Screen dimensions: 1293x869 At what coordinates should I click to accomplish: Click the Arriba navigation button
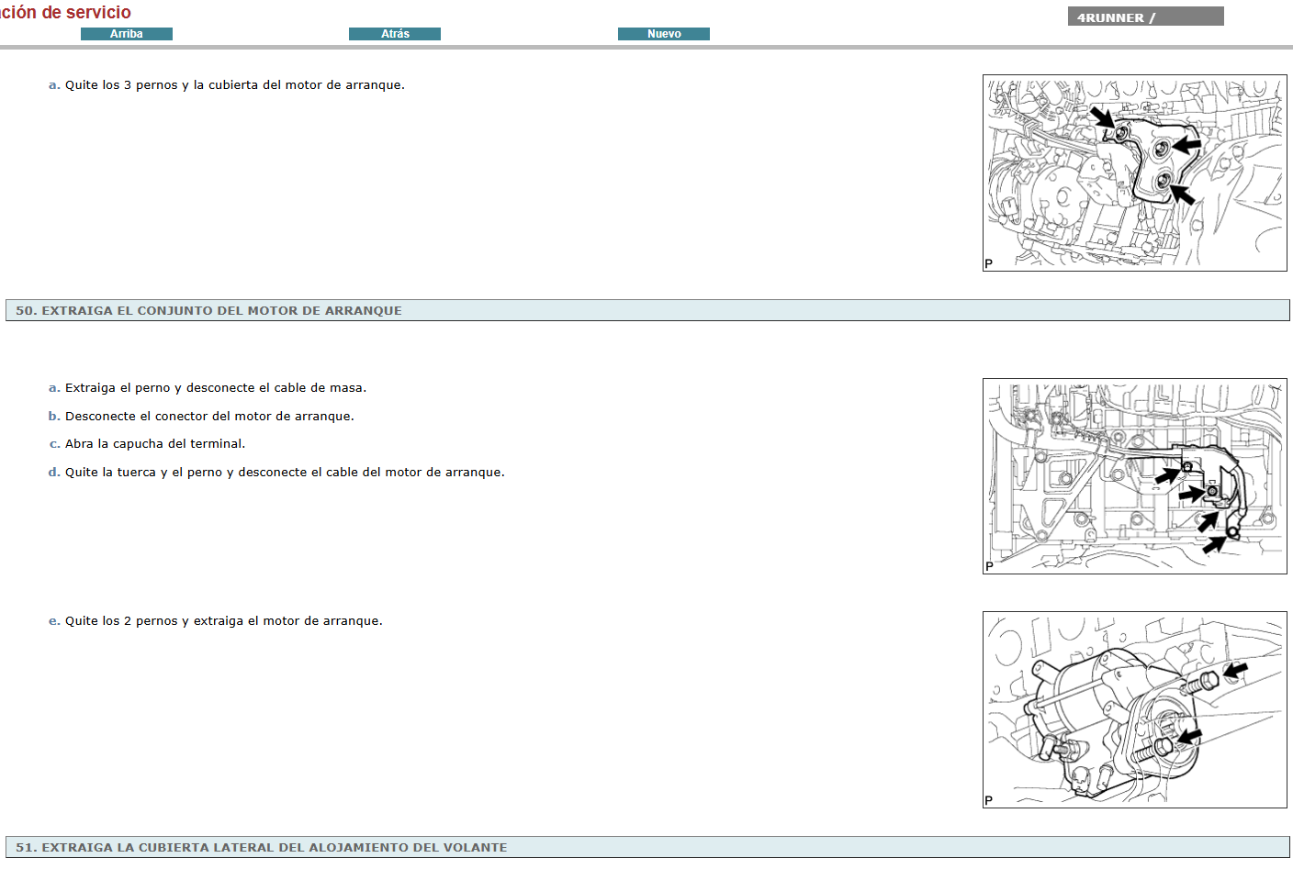(x=127, y=34)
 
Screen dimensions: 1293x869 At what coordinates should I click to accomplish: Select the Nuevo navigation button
(x=664, y=34)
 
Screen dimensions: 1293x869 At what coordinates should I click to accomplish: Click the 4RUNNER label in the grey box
(x=1110, y=17)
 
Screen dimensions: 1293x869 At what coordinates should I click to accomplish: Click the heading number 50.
(x=26, y=311)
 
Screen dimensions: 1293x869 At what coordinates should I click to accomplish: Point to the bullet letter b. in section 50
(x=54, y=416)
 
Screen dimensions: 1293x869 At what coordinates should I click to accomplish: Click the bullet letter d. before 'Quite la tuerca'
(x=54, y=473)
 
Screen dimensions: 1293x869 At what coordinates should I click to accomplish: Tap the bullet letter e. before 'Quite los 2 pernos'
(x=54, y=621)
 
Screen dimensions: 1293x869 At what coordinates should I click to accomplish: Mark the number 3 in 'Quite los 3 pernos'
(x=128, y=85)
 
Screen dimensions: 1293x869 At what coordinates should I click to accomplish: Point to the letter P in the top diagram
(x=989, y=264)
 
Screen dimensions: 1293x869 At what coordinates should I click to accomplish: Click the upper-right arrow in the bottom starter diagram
(x=1235, y=671)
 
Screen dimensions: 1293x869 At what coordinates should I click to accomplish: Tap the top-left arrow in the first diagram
(x=1103, y=117)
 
